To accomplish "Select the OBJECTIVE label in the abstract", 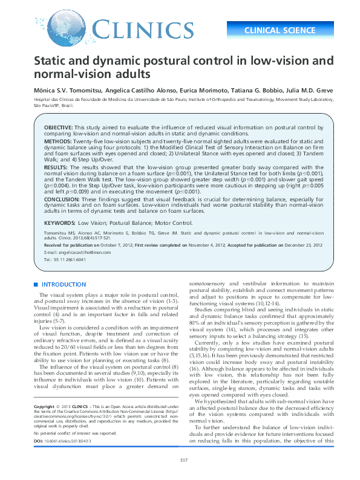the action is coord(58,129).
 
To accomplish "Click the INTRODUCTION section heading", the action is coord(63,285).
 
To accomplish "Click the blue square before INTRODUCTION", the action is coord(36,285).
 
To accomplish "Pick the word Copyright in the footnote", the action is coord(44,407).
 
